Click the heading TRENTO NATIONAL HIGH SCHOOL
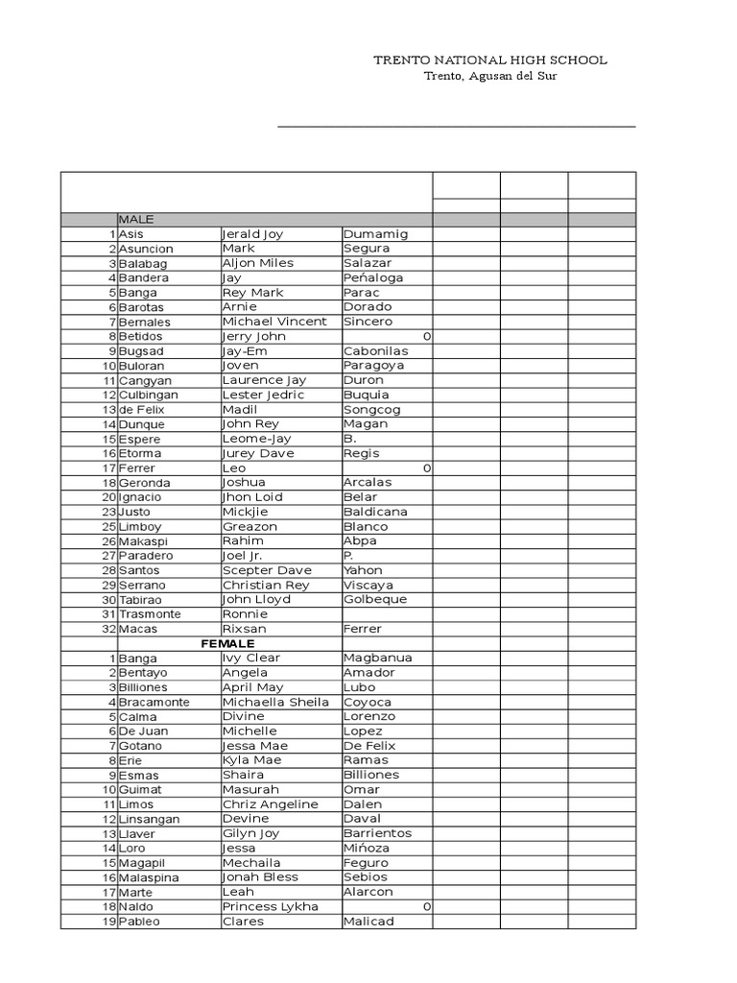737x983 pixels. pos(489,60)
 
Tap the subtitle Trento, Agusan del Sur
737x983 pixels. pos(489,77)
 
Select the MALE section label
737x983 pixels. pos(136,220)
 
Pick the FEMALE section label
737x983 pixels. pos(227,643)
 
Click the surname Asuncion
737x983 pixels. pos(146,249)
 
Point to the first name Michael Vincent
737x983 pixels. pos(274,322)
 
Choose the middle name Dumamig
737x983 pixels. pos(375,234)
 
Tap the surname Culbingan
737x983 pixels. pos(149,395)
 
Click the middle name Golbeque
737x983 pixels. pos(375,599)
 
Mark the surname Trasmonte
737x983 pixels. pos(150,614)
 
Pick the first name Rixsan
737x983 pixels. pos(245,629)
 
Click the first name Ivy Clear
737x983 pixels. pos(251,658)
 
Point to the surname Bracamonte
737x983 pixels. pos(154,702)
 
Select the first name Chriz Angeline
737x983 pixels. pos(270,804)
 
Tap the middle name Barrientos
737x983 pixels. pos(378,833)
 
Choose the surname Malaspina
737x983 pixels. pos(149,877)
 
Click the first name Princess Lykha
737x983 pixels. pos(270,907)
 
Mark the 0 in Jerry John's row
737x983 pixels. pos(426,336)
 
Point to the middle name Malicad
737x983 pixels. pos(368,922)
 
